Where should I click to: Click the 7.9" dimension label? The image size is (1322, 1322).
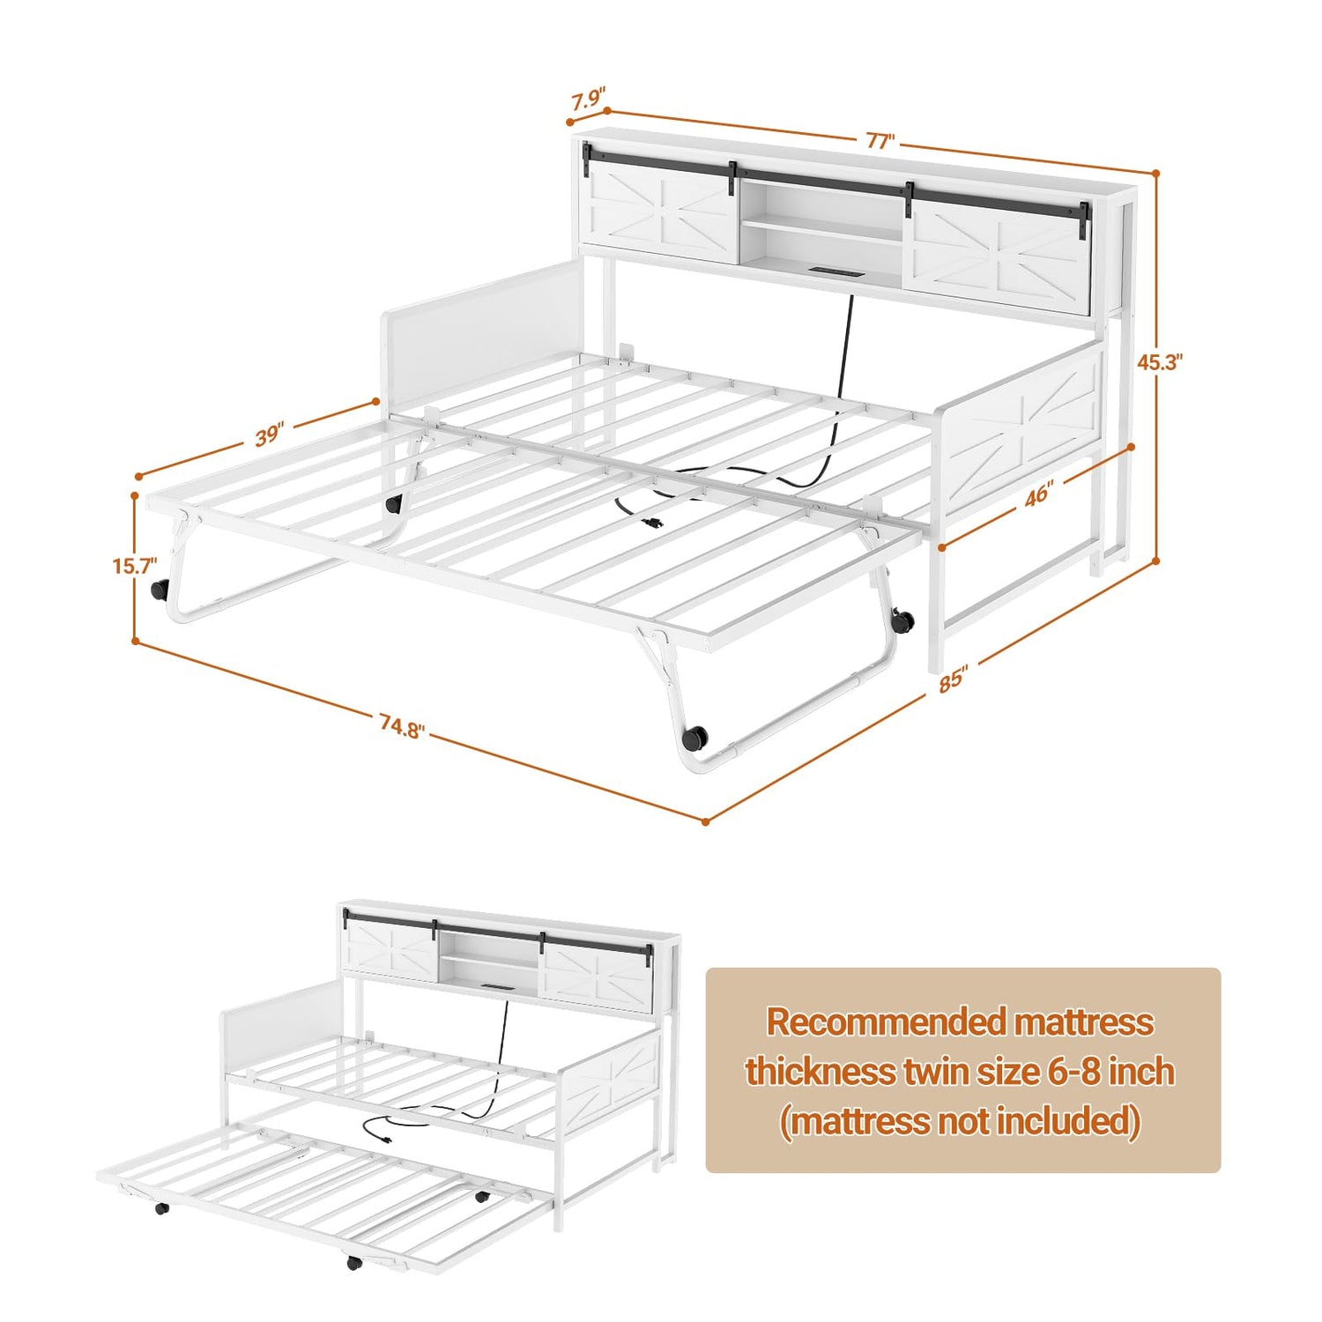click(x=588, y=100)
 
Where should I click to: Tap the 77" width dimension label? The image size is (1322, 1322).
click(x=880, y=141)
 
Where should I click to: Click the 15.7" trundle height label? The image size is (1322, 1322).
click(x=134, y=565)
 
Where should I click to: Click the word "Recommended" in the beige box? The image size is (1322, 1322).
click(x=886, y=1022)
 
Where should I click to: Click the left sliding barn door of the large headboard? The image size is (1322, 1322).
click(x=660, y=212)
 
